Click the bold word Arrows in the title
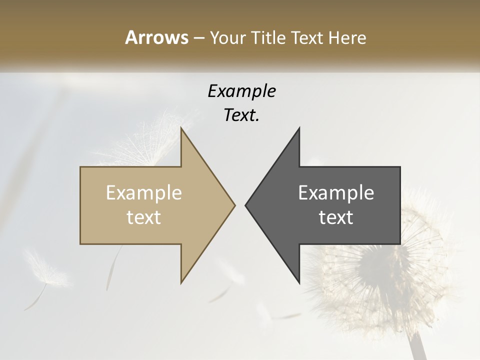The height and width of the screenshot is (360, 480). coord(156,37)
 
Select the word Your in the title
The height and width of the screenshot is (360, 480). coord(228,38)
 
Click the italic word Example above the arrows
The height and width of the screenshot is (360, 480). coord(241,91)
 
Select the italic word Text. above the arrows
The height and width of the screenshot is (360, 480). coord(241,115)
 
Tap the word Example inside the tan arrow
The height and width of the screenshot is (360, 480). coord(144,192)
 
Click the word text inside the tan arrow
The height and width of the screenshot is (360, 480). coord(144,217)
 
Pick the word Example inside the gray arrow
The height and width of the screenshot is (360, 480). coord(336,192)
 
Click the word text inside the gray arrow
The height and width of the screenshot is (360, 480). coord(336,217)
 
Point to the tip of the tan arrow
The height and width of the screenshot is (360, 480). coord(234,205)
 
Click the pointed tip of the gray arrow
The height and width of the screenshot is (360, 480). coord(245,205)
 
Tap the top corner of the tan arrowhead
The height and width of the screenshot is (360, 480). coord(181,128)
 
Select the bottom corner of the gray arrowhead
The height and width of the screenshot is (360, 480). coord(299,282)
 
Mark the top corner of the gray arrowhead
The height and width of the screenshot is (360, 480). coord(299,128)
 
